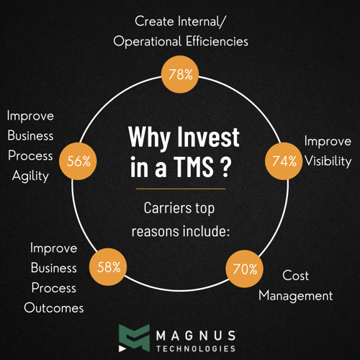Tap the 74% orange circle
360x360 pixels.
click(284, 161)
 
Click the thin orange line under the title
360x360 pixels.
click(180, 189)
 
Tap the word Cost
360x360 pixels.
click(295, 275)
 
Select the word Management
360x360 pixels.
click(295, 295)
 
